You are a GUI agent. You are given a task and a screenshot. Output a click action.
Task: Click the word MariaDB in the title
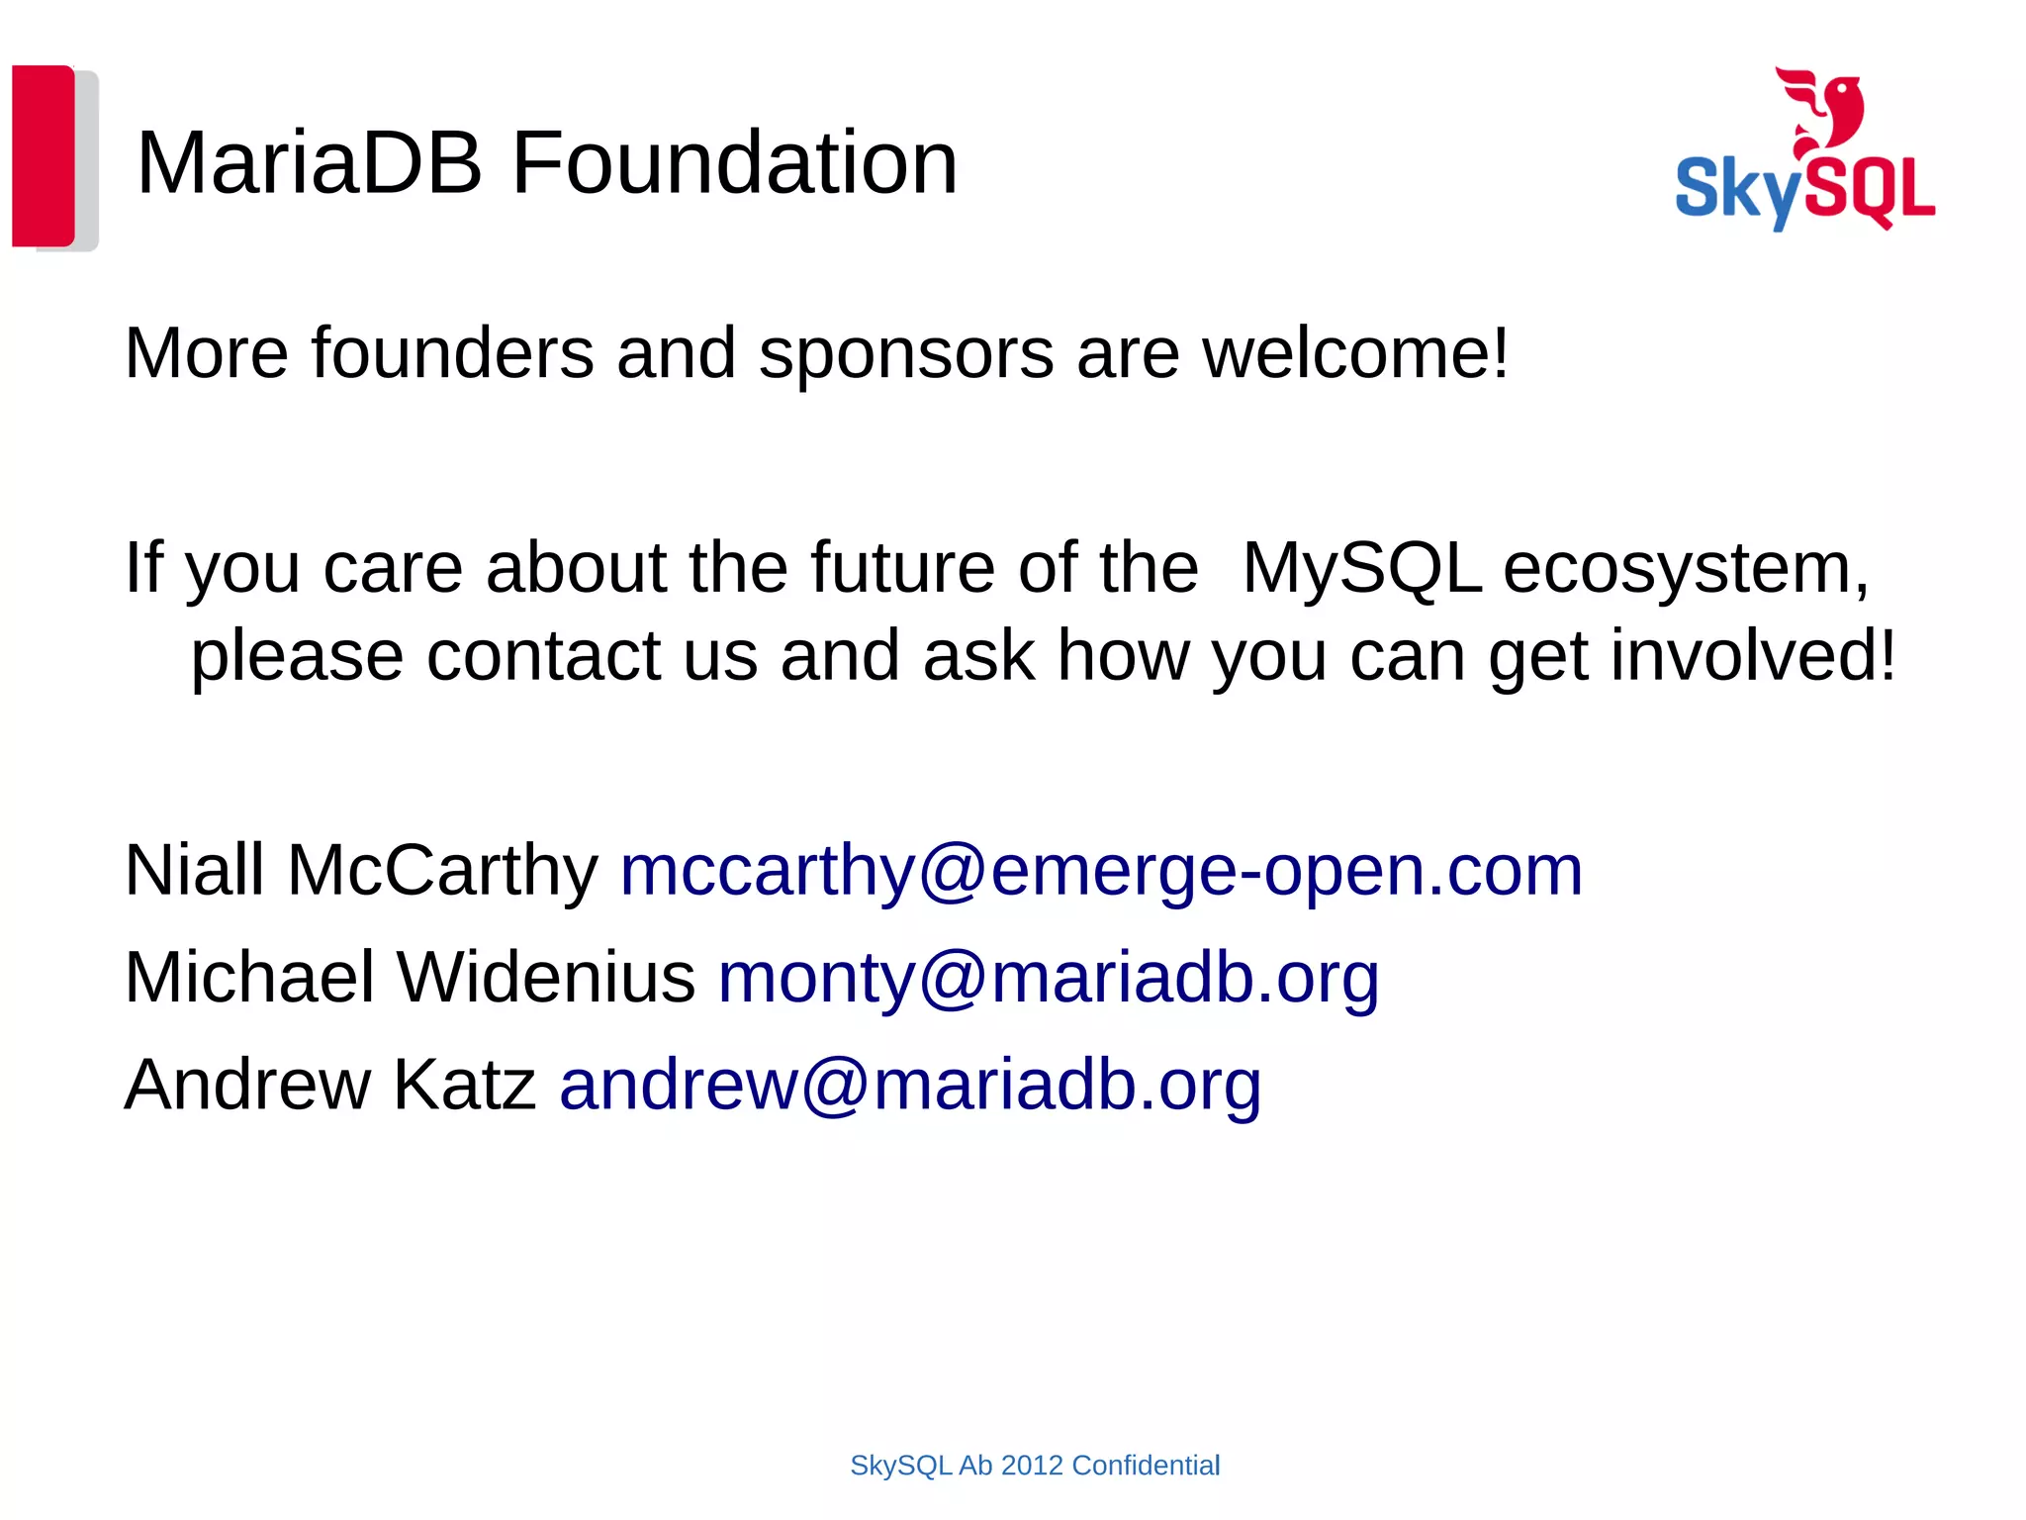point(309,163)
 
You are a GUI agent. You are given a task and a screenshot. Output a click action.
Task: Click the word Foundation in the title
point(734,163)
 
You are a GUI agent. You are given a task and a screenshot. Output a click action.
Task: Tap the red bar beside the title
point(44,155)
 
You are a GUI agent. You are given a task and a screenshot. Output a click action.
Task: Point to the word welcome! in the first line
point(1355,353)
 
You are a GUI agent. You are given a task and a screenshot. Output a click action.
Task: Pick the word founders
point(453,353)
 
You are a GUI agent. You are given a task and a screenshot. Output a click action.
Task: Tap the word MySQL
point(1361,570)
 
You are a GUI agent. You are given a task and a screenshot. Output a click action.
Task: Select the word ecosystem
point(1686,570)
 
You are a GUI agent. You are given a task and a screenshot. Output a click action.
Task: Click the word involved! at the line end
point(1753,656)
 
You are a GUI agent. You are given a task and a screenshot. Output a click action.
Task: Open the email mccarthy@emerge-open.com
point(1101,872)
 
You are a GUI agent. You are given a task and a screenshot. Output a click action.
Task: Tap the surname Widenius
point(546,978)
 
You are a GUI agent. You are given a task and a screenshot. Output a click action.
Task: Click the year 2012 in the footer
point(1032,1466)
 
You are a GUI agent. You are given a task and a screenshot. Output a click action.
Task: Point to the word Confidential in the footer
point(1146,1466)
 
